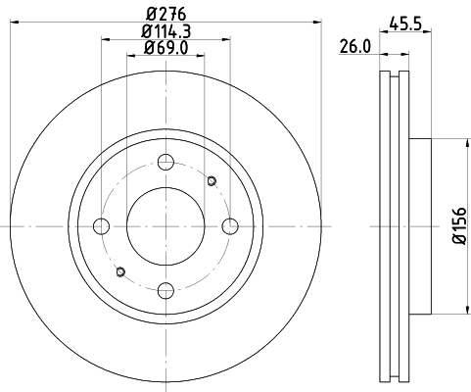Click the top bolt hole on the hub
point(165,163)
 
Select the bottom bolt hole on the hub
point(165,289)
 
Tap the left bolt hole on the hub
point(102,226)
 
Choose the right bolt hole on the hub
point(229,226)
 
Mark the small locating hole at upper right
point(211,180)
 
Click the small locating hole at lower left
point(120,271)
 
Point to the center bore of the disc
point(165,226)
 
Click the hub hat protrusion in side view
point(418,226)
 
